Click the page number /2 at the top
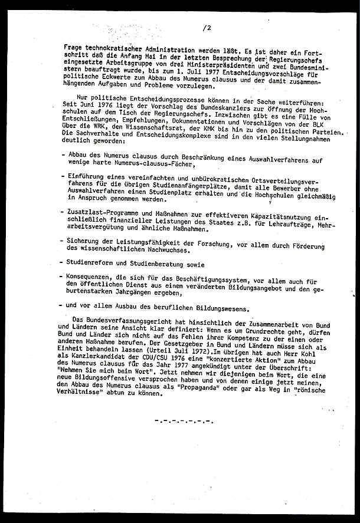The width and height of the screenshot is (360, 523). pos(206,28)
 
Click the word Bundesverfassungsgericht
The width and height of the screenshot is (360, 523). pos(129,319)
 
